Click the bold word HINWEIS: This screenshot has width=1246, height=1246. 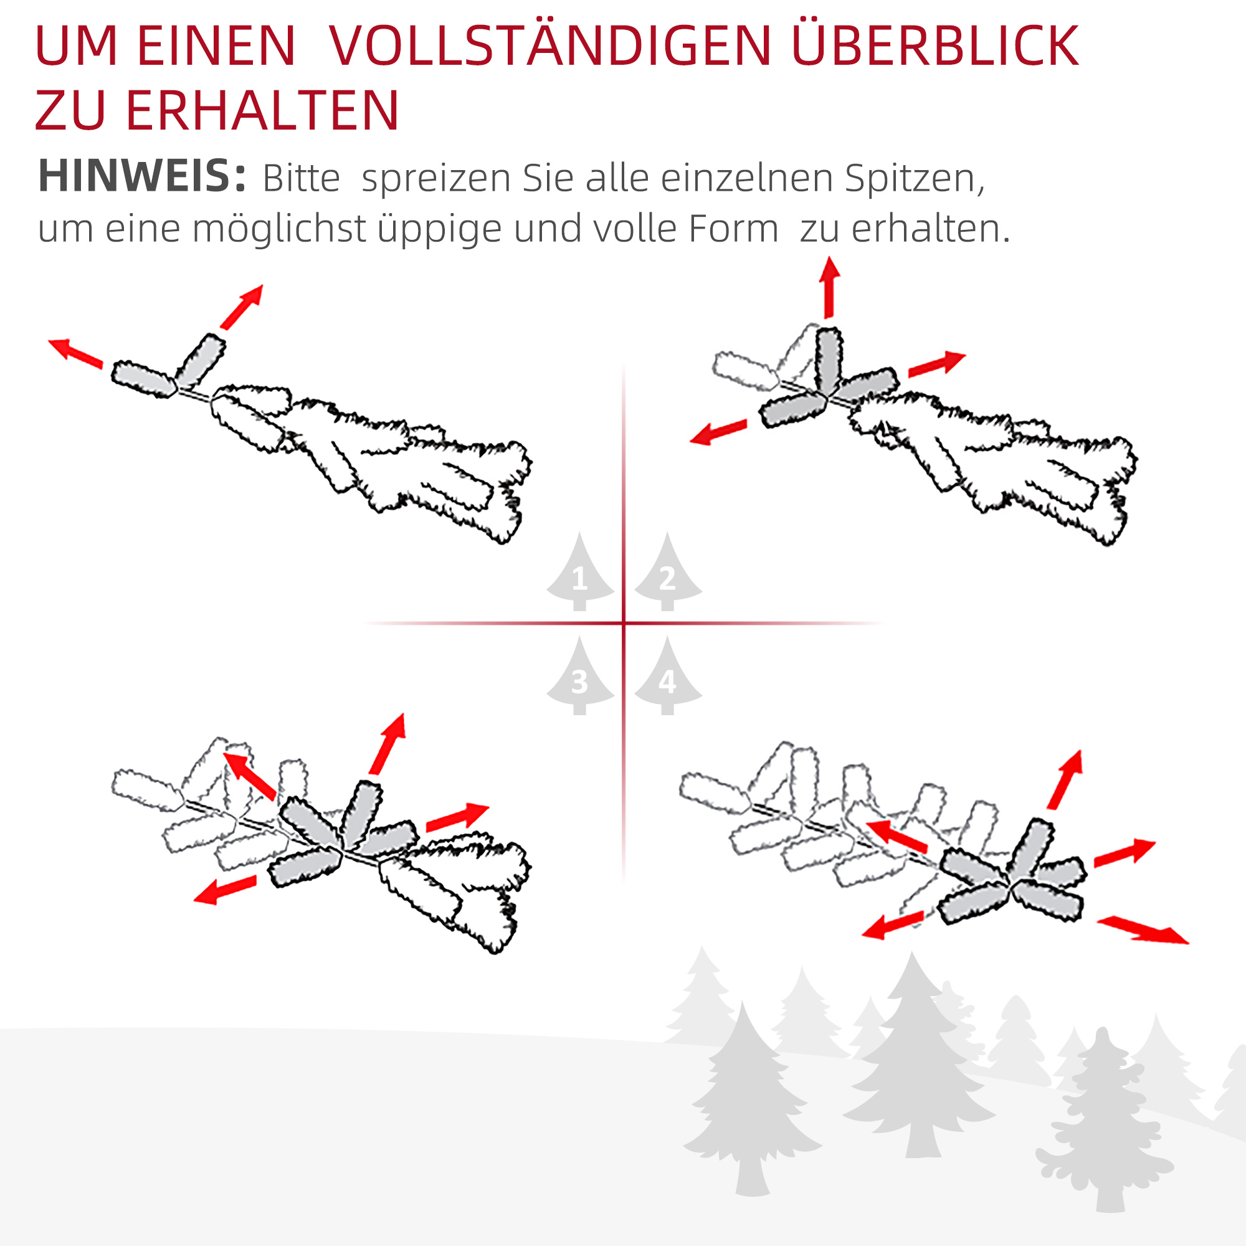(x=142, y=176)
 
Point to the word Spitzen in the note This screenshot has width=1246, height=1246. (x=914, y=178)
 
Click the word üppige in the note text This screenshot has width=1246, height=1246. (x=439, y=229)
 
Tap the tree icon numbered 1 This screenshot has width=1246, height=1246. (x=580, y=573)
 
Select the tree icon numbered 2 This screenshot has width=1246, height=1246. (x=667, y=573)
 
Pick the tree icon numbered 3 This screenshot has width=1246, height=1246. (x=580, y=678)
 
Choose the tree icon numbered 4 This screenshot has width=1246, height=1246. (x=667, y=678)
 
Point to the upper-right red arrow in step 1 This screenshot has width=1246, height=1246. (x=242, y=307)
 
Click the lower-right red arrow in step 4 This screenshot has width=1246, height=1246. (x=1142, y=931)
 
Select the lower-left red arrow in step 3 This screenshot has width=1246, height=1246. (x=225, y=890)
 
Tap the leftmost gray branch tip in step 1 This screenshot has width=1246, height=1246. (x=144, y=379)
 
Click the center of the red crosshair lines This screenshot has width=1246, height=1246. (x=624, y=623)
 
